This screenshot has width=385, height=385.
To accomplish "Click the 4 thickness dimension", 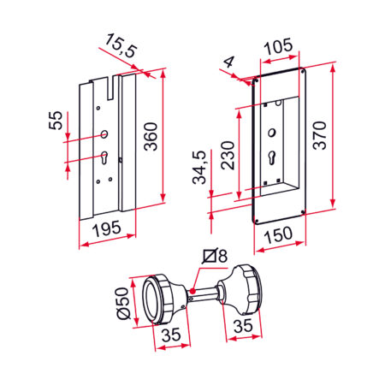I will (228, 63).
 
